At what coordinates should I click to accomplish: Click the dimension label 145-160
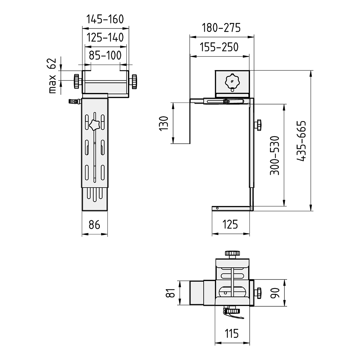click(105, 19)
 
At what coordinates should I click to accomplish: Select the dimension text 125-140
click(105, 37)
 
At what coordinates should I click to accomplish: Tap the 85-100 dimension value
click(105, 55)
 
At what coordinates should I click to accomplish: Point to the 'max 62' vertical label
click(53, 76)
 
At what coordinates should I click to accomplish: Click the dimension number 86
click(94, 225)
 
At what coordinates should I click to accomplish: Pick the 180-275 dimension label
click(221, 27)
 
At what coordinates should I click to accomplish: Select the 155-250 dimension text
click(219, 47)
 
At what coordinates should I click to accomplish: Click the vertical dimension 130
click(164, 123)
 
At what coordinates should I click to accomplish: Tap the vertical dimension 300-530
click(275, 155)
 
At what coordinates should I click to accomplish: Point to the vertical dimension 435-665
click(301, 141)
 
